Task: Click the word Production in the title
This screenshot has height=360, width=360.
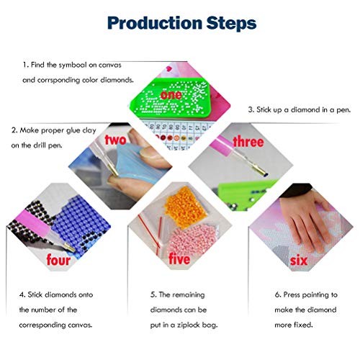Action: click(x=155, y=23)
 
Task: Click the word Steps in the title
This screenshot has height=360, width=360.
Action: click(x=231, y=23)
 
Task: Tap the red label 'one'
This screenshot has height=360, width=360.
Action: click(x=171, y=94)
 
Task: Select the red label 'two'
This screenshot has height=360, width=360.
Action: click(x=115, y=140)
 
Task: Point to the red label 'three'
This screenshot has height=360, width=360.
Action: click(x=248, y=141)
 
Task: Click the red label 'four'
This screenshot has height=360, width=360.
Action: click(x=58, y=260)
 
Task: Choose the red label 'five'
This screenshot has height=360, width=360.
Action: click(x=179, y=258)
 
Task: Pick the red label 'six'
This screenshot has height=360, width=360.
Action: click(x=299, y=261)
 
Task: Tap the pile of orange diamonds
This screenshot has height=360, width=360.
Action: click(x=185, y=207)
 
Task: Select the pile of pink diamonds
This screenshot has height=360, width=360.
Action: click(x=192, y=240)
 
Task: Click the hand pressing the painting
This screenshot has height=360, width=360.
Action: click(x=305, y=217)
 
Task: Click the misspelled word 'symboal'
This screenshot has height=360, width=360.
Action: click(x=73, y=65)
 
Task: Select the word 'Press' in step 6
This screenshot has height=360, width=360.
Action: click(x=292, y=294)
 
